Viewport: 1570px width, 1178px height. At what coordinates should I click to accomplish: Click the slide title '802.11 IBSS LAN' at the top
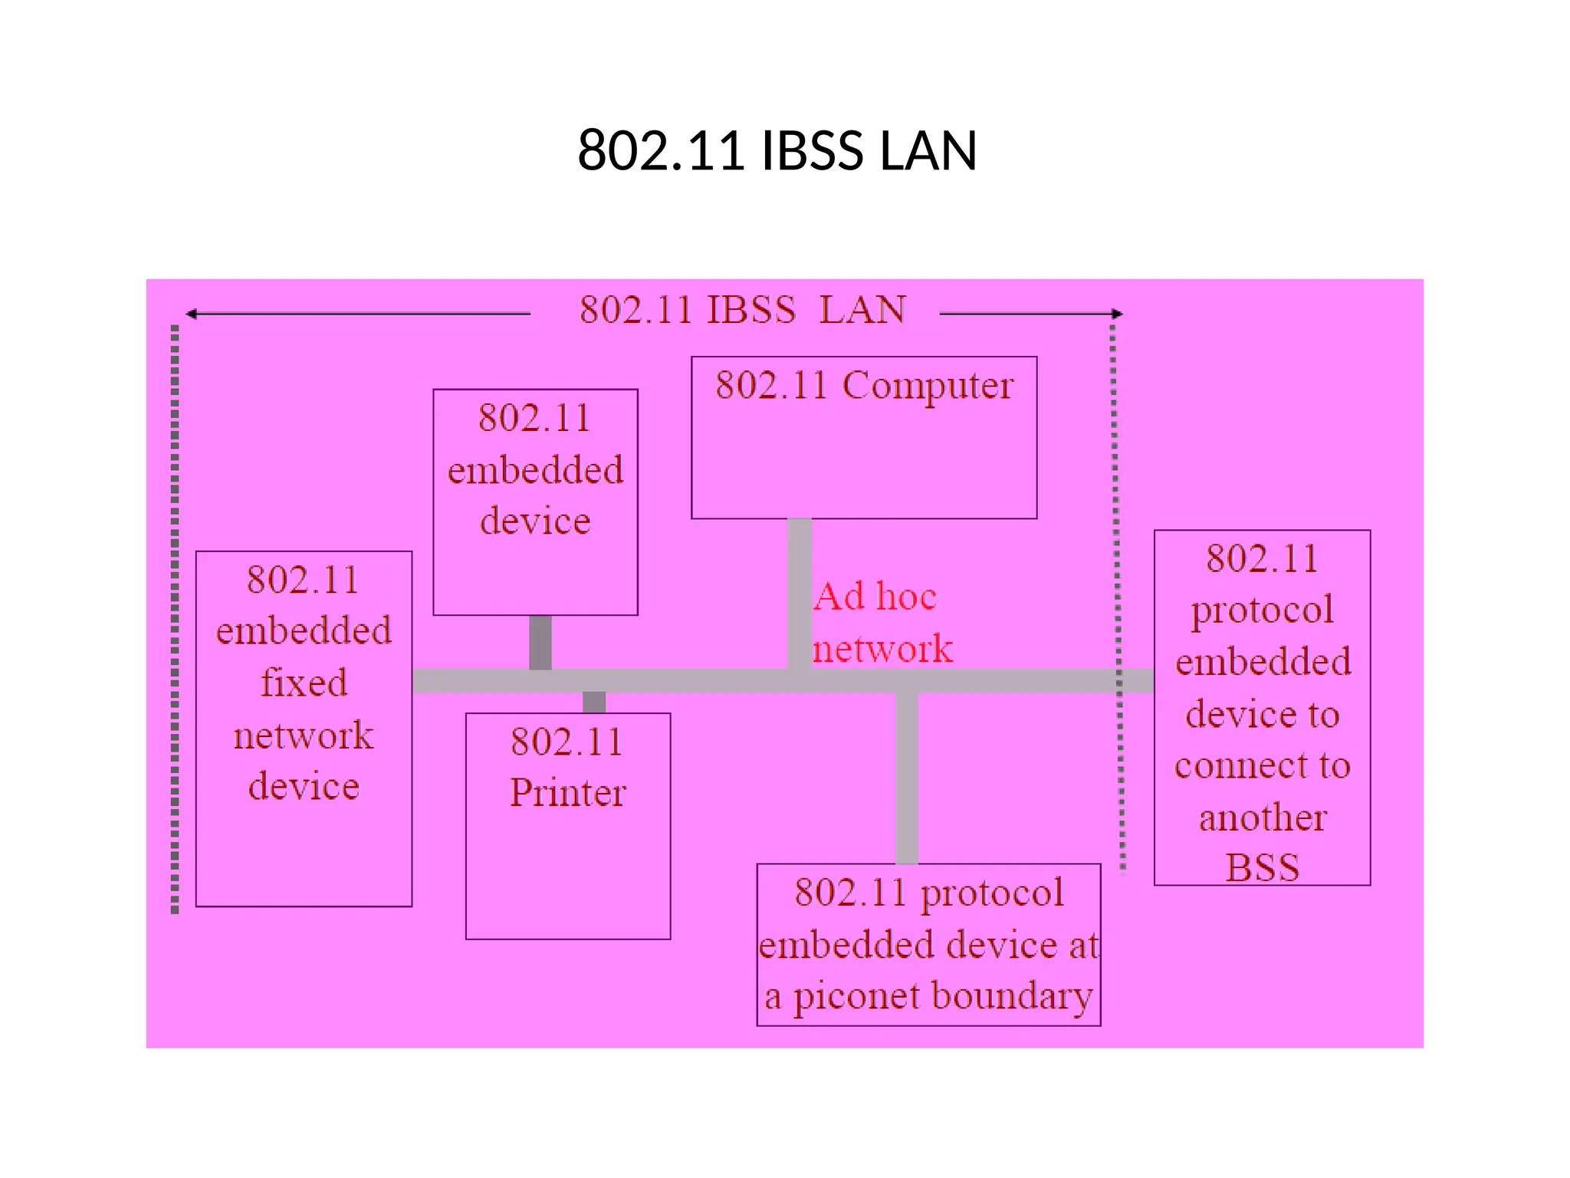[x=777, y=150]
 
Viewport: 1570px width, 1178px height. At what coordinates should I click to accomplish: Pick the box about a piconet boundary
[x=928, y=945]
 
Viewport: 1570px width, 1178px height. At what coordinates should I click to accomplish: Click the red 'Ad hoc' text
[x=875, y=597]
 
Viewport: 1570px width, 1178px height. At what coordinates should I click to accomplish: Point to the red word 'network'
[x=882, y=649]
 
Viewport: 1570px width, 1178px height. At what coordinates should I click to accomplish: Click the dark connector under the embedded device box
[x=540, y=642]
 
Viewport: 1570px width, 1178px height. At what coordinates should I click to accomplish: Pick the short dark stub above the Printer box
[x=594, y=702]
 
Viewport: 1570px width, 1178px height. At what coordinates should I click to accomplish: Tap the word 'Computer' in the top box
[x=928, y=387]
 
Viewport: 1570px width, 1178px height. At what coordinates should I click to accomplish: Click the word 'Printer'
[x=568, y=793]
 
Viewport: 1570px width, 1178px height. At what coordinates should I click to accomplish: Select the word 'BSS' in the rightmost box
[x=1262, y=868]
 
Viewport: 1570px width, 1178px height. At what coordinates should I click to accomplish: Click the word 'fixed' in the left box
[x=304, y=683]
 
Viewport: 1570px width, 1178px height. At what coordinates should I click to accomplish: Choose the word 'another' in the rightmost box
[x=1262, y=818]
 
